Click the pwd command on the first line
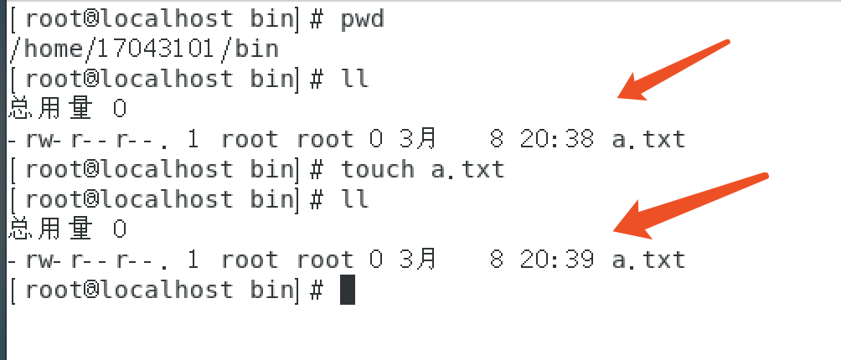tap(362, 18)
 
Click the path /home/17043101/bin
tap(143, 49)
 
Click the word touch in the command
tap(377, 169)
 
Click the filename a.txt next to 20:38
tap(648, 139)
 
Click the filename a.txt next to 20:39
tap(648, 260)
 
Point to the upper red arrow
tap(674, 69)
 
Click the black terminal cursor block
tap(348, 290)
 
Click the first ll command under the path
tap(354, 79)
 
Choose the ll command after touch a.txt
tap(354, 199)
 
